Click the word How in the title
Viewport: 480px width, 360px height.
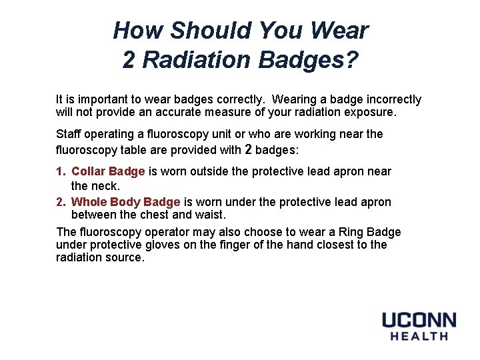[x=138, y=31]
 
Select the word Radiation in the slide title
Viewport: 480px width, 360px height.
[x=194, y=60]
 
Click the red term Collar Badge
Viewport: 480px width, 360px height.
[x=108, y=171]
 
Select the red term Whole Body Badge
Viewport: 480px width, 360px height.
[x=125, y=202]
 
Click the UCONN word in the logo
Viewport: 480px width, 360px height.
[x=419, y=321]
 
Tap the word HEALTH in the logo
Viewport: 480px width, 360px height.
[x=419, y=336]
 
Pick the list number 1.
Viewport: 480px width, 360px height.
[x=61, y=171]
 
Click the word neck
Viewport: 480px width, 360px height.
[x=106, y=185]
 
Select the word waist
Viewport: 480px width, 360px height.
[x=211, y=215]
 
